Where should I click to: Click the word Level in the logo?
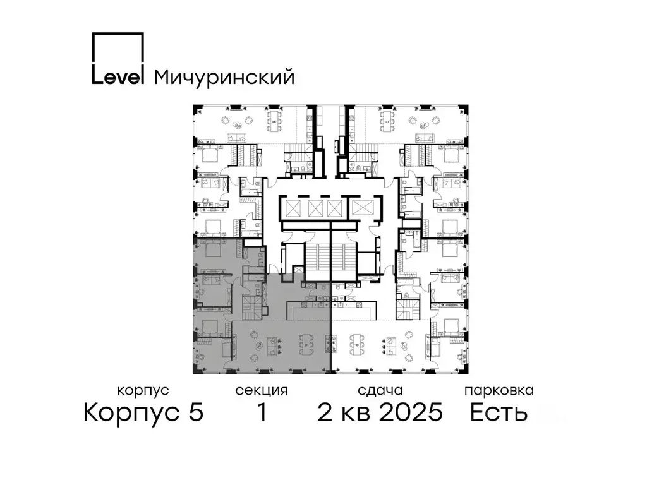119,76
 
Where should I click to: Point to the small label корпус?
143,391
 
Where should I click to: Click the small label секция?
262,391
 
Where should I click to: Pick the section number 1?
261,413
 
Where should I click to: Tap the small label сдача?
379,391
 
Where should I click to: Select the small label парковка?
499,391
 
